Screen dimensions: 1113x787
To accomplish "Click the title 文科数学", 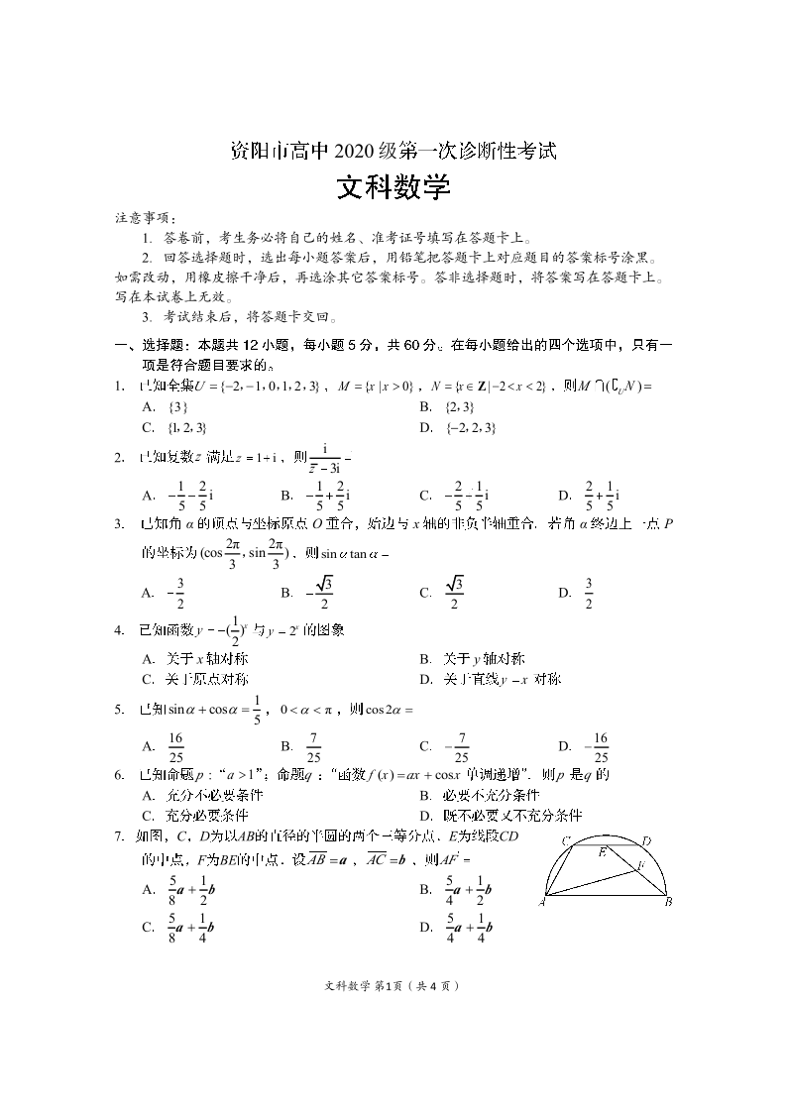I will click(x=393, y=187).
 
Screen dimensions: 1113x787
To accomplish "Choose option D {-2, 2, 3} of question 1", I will click(x=457, y=428).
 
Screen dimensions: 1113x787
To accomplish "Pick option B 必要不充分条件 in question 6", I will click(x=479, y=795).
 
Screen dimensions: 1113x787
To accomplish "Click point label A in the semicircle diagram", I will click(x=544, y=903).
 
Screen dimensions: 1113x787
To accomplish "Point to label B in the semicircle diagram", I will click(x=669, y=901).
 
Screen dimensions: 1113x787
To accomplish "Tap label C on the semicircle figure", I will click(x=566, y=841).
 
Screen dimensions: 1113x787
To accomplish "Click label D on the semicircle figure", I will click(x=646, y=840).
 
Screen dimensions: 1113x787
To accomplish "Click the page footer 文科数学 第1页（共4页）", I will click(x=393, y=986).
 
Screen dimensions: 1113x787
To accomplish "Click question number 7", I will click(x=118, y=836).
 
